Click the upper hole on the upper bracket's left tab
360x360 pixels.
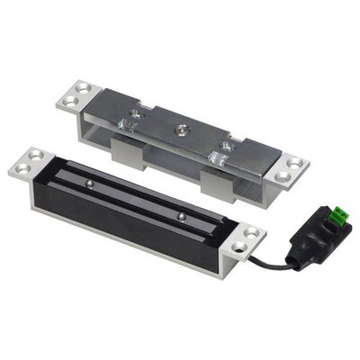[84, 87]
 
